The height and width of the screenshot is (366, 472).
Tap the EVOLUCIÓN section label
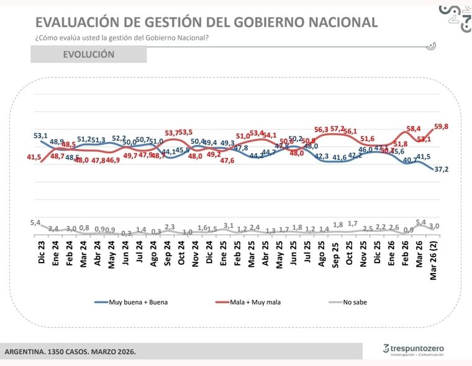[88, 55]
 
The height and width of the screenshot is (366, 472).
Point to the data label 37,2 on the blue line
[442, 169]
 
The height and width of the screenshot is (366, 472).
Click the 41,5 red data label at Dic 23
[34, 158]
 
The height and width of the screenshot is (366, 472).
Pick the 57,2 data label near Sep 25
[337, 128]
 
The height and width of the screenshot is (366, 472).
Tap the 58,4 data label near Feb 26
[413, 128]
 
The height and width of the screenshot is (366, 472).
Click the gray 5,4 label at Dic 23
[35, 222]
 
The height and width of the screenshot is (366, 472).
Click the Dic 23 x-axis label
[41, 251]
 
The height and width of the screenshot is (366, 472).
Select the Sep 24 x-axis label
[168, 251]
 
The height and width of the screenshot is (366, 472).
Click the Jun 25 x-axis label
[294, 251]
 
